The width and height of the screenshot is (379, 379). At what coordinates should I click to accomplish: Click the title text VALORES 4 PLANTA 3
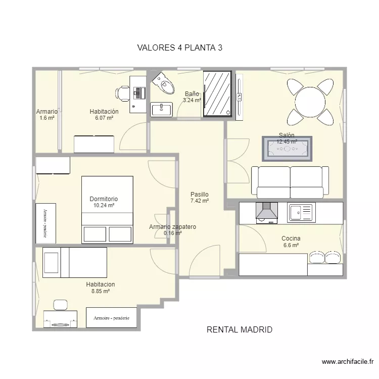click(x=180, y=48)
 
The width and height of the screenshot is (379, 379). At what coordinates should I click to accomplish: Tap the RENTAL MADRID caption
click(x=240, y=329)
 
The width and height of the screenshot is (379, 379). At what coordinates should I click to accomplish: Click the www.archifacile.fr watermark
click(x=348, y=362)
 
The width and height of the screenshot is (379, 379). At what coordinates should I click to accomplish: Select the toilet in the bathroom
click(x=163, y=83)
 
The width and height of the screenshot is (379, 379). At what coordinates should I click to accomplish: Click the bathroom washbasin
click(x=162, y=110)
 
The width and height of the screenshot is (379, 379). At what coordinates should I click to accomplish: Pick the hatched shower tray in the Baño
click(x=217, y=94)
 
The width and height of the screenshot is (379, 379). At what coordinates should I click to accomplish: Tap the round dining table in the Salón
click(x=310, y=102)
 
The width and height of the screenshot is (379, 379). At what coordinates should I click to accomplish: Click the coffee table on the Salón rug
click(x=287, y=149)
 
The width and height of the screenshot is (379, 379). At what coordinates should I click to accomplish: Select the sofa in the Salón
click(x=290, y=182)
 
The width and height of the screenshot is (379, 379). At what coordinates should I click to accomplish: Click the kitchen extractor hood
click(x=267, y=213)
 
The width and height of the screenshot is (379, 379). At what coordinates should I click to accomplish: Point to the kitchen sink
click(x=301, y=212)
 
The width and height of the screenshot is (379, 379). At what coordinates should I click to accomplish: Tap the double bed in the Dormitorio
click(x=107, y=210)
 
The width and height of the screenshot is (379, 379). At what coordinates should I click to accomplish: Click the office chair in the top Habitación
click(x=122, y=93)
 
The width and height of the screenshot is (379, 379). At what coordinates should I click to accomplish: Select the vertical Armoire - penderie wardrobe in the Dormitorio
click(x=45, y=223)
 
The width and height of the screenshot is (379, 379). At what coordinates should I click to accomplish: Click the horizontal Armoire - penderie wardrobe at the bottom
click(x=112, y=318)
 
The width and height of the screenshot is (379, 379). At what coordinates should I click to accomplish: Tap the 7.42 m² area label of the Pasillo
click(x=200, y=201)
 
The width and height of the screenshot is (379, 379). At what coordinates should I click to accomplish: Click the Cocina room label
click(x=291, y=239)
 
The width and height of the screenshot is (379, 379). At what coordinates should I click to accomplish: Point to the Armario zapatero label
click(x=173, y=227)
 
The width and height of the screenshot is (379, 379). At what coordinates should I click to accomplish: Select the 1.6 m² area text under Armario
click(x=47, y=118)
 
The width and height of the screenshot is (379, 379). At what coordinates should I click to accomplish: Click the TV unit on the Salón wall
click(x=239, y=97)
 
